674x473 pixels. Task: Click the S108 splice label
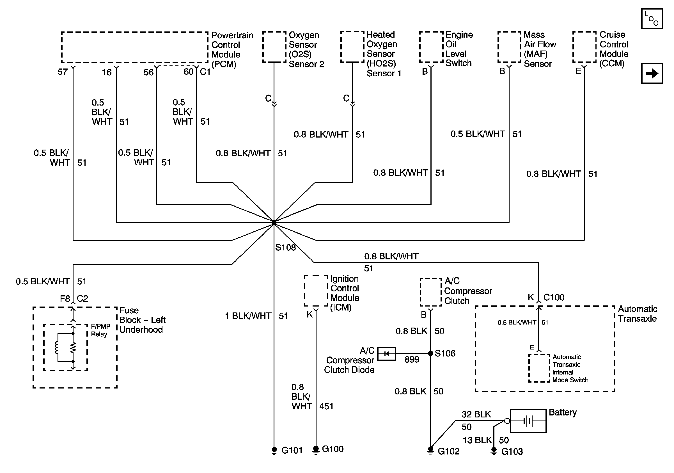285,248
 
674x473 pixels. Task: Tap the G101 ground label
292,450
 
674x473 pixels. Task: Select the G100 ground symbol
316,450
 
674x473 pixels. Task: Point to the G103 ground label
512,451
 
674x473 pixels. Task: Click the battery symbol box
528,421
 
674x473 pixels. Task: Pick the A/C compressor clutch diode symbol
386,353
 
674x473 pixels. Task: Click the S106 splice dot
431,353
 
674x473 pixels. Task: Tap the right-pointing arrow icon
652,73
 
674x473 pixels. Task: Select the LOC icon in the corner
652,19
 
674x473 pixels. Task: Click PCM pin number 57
63,72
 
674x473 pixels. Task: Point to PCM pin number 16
107,72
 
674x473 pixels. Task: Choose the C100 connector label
554,298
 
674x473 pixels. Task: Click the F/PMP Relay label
101,330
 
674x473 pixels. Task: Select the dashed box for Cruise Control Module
584,47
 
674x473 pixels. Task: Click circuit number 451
326,406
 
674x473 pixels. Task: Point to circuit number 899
412,359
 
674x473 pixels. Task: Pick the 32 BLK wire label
476,414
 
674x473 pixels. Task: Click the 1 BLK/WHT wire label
248,316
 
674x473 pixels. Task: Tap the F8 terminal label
65,299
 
